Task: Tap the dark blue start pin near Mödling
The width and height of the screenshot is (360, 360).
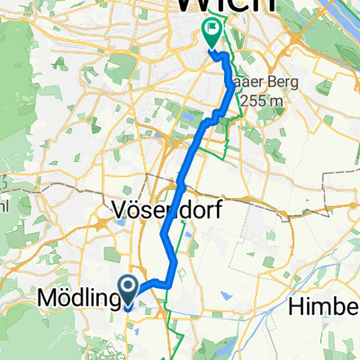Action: coord(128,290)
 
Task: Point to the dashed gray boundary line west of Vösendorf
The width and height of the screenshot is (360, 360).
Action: coord(54,189)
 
